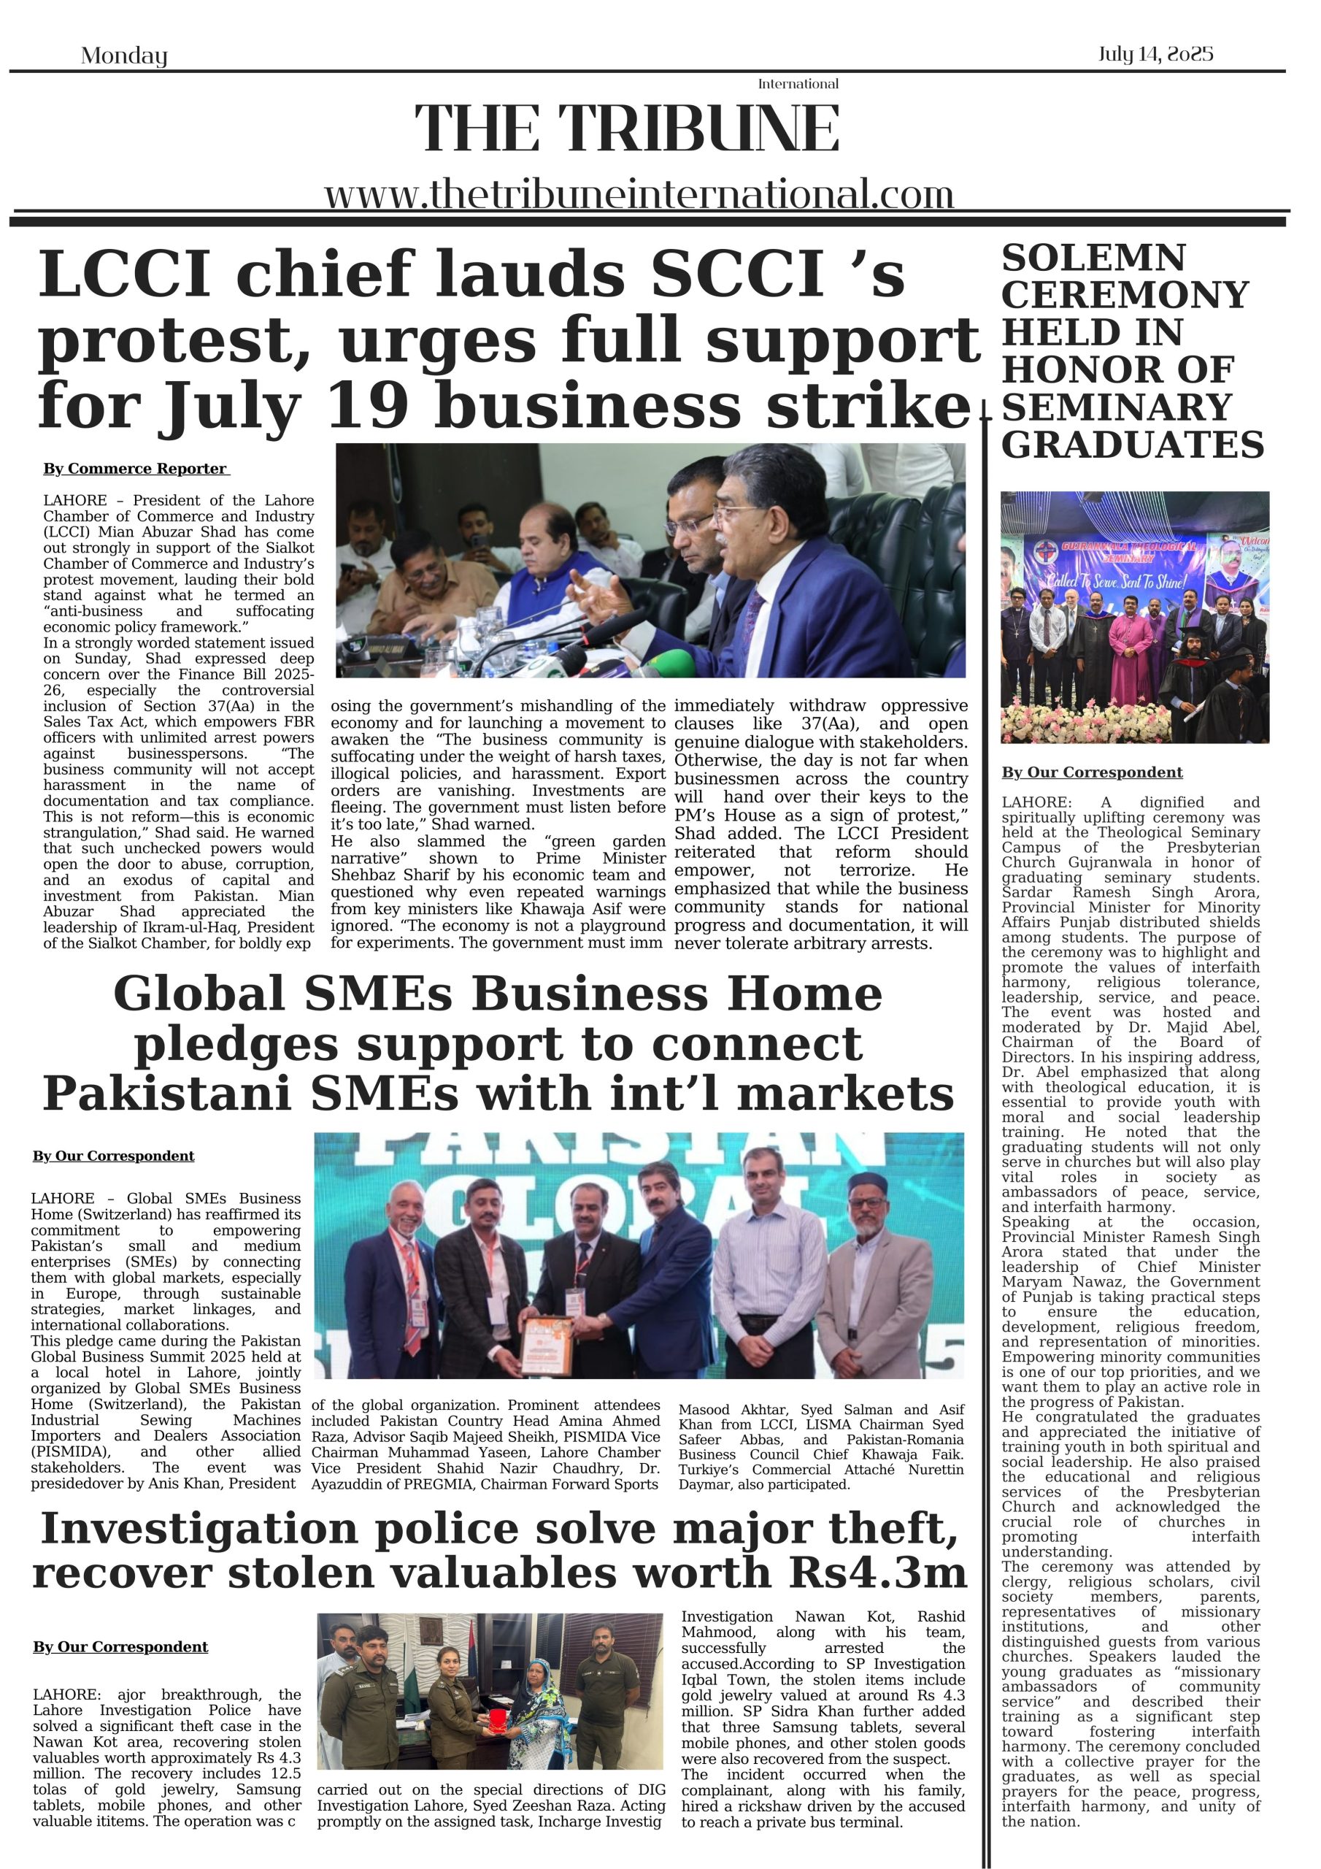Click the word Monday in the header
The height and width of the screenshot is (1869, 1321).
click(124, 56)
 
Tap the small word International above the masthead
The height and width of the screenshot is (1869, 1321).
click(798, 84)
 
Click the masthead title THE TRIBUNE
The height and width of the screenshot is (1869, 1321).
click(627, 128)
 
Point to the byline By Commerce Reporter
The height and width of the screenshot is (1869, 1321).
click(136, 469)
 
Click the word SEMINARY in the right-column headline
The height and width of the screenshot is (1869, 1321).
click(1117, 407)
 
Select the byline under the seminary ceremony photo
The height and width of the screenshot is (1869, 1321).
click(1092, 772)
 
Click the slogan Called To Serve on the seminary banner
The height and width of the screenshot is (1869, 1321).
click(1084, 581)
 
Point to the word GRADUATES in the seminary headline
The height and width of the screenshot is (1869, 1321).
click(1132, 445)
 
